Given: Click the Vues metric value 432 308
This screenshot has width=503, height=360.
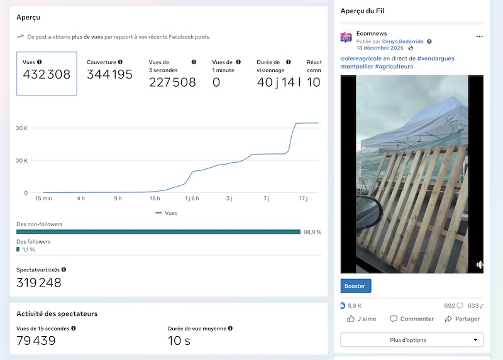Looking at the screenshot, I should tap(47, 75).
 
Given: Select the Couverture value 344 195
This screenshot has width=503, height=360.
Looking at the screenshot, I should tap(109, 75).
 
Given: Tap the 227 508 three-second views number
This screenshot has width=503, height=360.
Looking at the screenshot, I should tap(172, 82).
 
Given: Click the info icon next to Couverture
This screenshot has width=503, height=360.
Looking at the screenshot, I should tap(120, 62).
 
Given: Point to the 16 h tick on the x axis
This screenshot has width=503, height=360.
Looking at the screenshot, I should tap(155, 199).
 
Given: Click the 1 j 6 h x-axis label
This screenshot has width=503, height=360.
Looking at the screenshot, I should tap(192, 199).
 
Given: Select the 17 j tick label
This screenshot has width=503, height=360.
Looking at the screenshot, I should tap(303, 199).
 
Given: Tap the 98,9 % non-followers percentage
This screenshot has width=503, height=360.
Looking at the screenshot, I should tap(312, 232).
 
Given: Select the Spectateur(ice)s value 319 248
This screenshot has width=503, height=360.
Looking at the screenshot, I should tap(39, 283).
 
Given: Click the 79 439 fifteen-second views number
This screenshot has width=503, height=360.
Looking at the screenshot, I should tap(36, 341).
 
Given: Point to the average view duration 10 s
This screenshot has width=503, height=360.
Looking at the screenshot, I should tap(179, 341).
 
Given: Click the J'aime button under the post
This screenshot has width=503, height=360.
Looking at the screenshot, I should tap(362, 319).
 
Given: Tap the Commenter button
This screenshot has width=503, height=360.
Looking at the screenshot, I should tap(412, 319).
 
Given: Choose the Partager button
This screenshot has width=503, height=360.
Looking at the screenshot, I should tap(462, 319).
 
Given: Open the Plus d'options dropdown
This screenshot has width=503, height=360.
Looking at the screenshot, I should tap(412, 340).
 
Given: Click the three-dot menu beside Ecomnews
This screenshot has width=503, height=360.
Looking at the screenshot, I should tap(479, 36).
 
